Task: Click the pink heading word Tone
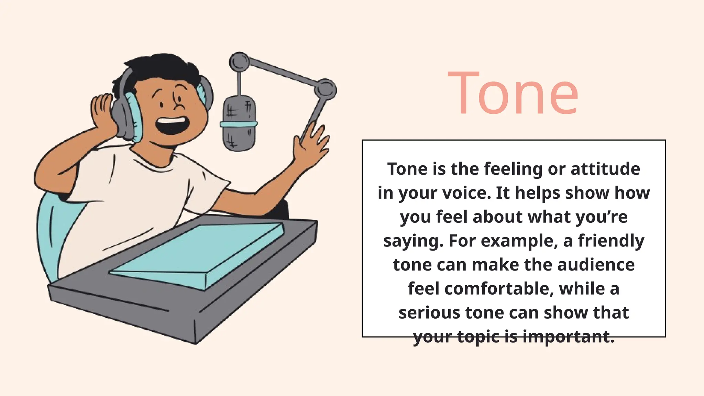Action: (x=513, y=93)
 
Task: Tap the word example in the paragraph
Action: (x=518, y=241)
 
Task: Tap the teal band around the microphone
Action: (x=239, y=124)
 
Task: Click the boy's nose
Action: (x=178, y=103)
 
